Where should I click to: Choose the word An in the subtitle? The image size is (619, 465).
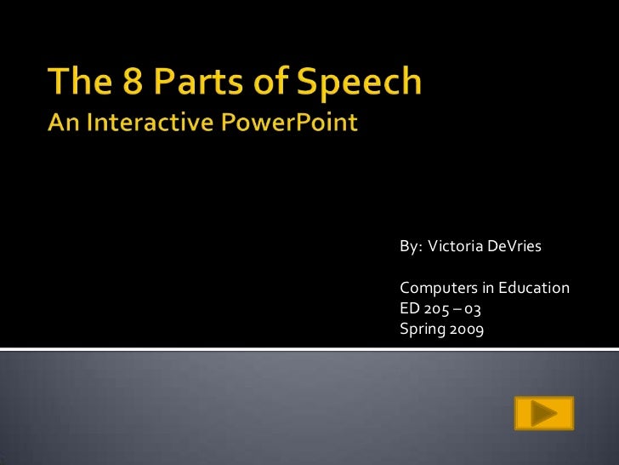63,123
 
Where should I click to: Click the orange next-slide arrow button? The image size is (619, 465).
544,414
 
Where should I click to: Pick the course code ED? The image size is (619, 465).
409,307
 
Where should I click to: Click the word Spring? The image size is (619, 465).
420,327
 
